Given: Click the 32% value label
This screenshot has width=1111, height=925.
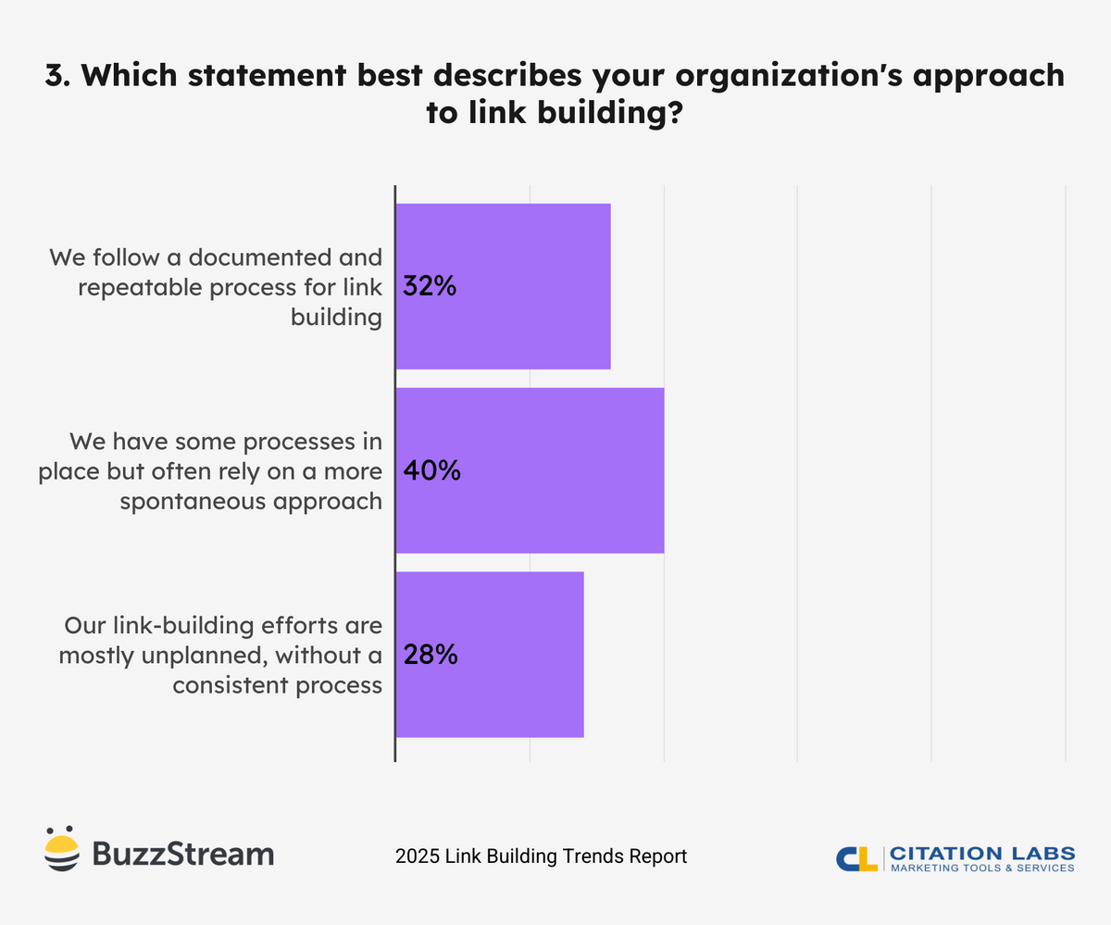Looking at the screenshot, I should tap(430, 286).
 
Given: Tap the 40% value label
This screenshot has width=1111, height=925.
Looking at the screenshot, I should tap(431, 470).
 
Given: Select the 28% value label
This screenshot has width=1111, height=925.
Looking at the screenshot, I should tap(431, 656).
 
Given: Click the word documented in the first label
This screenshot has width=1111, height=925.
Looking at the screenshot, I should tap(271, 256).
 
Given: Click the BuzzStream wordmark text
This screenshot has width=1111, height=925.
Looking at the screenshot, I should tap(182, 853).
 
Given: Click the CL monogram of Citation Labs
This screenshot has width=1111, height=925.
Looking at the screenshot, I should tap(856, 857).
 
